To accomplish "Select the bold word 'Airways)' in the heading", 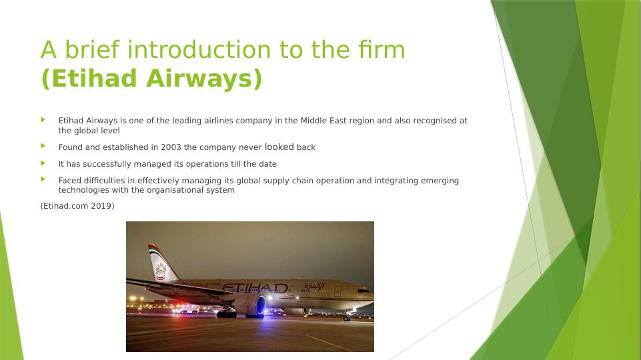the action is (x=204, y=79).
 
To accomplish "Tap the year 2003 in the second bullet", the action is (x=171, y=147).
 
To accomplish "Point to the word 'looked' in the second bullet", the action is (x=279, y=147).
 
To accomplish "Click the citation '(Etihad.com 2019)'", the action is (x=77, y=206).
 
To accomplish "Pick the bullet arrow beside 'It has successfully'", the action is (x=43, y=163).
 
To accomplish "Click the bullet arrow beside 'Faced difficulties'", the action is (x=43, y=179).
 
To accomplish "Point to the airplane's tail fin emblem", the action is (x=161, y=271).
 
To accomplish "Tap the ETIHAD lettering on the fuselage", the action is (x=255, y=288).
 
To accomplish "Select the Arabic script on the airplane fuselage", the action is (x=314, y=287).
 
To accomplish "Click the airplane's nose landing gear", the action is (x=347, y=317).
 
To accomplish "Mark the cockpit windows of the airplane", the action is (x=363, y=291).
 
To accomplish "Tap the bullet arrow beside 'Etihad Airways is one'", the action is (x=43, y=120).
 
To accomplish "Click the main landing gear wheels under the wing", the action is (x=227, y=314).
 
